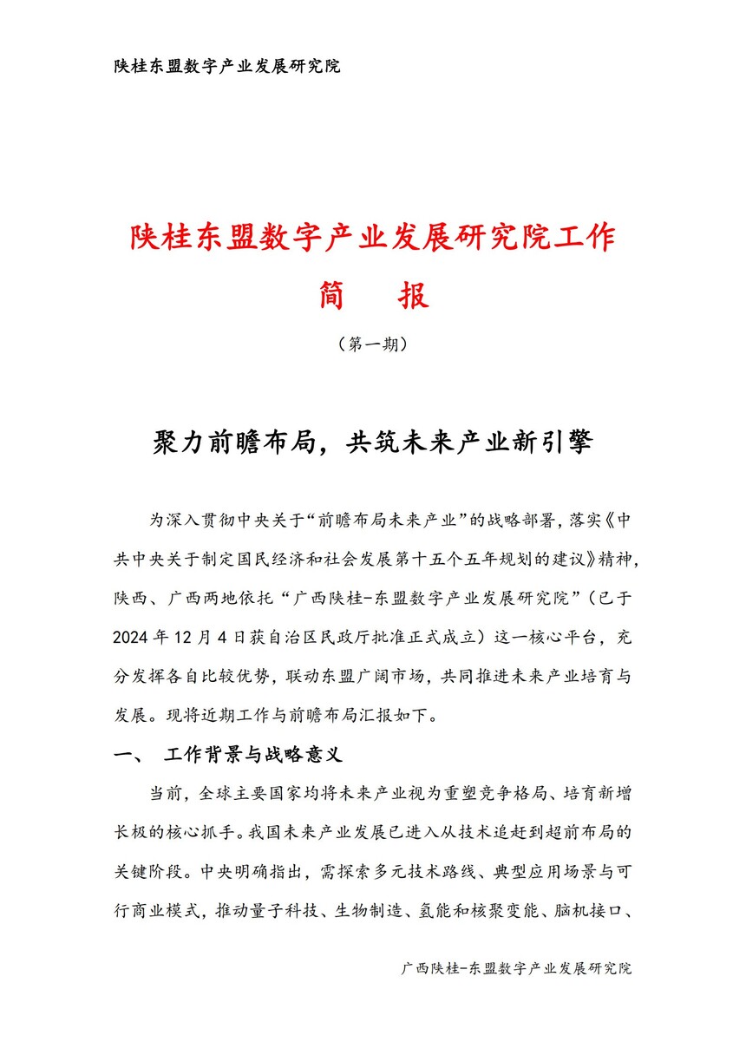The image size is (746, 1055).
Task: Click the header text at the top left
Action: coord(227,67)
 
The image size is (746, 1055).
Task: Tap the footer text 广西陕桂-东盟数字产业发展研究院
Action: coord(516,968)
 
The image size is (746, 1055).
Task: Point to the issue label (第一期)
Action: coord(372,344)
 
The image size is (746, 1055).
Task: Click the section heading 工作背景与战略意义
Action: coord(254,756)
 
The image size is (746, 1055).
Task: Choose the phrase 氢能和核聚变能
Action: coord(474,912)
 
